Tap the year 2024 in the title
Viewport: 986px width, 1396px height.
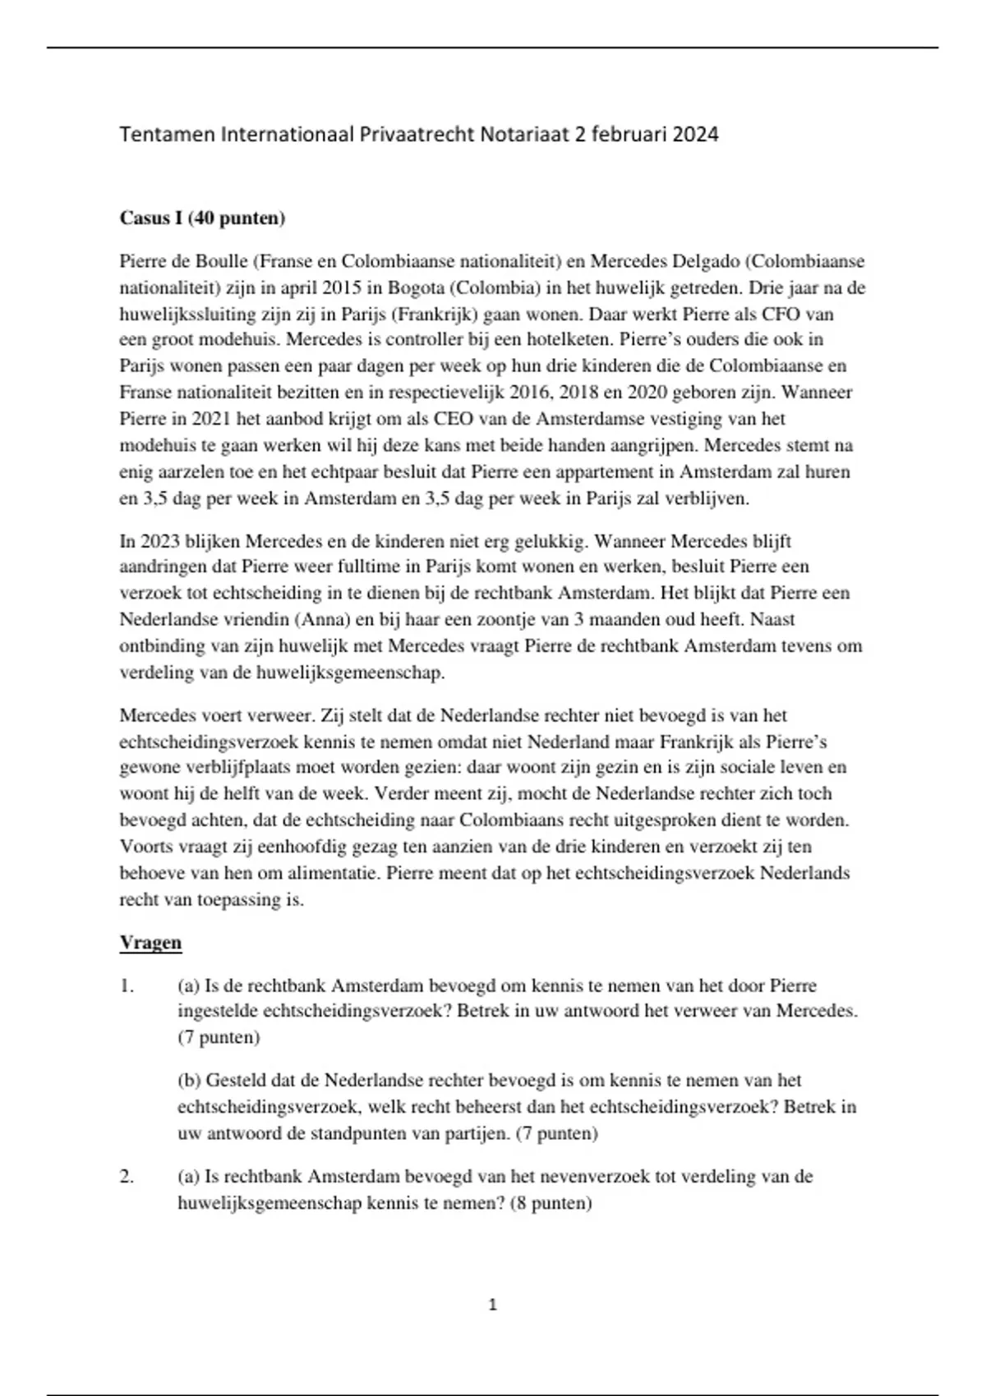(x=695, y=135)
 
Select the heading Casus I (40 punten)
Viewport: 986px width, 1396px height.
(x=202, y=218)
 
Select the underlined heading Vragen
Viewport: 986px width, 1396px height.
(x=150, y=942)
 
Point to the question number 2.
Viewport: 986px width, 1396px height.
(x=127, y=1176)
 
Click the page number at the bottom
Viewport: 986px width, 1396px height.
(x=493, y=1305)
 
